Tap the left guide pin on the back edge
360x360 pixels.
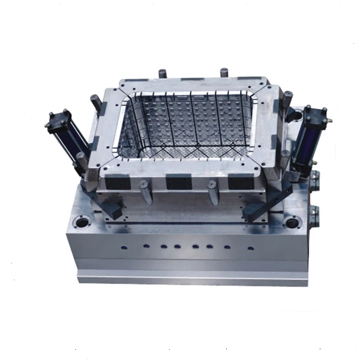click(x=162, y=74)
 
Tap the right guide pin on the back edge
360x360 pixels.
click(x=224, y=73)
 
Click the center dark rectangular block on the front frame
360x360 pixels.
click(x=178, y=182)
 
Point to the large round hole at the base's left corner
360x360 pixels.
click(x=80, y=223)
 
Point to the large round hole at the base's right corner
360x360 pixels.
click(x=292, y=223)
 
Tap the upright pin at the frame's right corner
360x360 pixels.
click(x=287, y=99)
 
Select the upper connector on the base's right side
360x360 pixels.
click(x=316, y=180)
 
